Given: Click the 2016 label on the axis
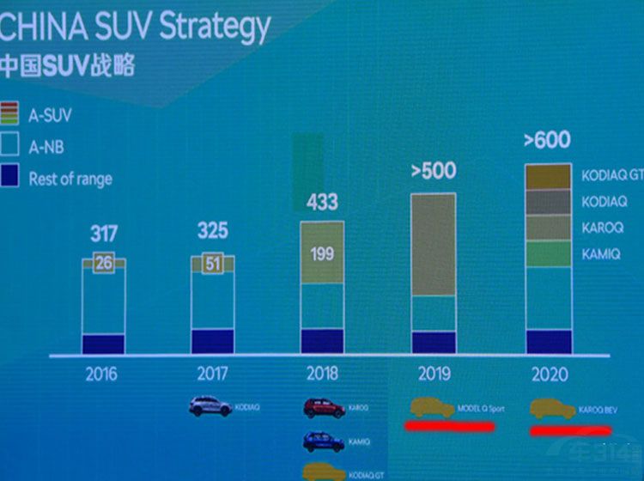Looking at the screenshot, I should click(101, 374).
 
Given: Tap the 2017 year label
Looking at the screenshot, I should click(211, 374).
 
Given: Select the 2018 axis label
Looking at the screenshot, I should click(321, 374).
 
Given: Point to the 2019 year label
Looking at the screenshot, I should click(433, 374).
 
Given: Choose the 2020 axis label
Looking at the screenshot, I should click(548, 375).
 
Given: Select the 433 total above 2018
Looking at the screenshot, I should click(322, 203).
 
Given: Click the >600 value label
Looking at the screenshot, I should click(547, 140).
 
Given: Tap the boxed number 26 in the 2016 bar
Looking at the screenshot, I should click(104, 264).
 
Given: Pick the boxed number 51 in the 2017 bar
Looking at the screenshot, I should click(212, 264).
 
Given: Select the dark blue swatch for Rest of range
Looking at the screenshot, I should click(9, 178).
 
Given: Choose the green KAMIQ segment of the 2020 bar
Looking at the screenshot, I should click(548, 254).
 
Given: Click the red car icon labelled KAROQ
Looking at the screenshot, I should click(324, 407).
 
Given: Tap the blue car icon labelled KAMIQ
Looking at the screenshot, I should click(324, 441).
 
